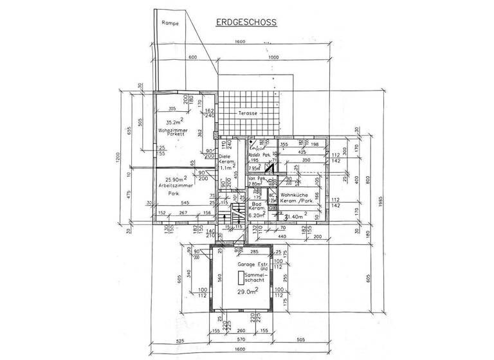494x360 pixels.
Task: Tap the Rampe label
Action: [x=170, y=22]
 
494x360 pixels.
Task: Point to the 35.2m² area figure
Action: [x=174, y=122]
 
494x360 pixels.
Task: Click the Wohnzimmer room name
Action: [x=172, y=130]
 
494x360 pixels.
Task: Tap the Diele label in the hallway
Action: [x=224, y=156]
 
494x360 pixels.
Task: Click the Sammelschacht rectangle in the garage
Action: [x=242, y=277]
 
